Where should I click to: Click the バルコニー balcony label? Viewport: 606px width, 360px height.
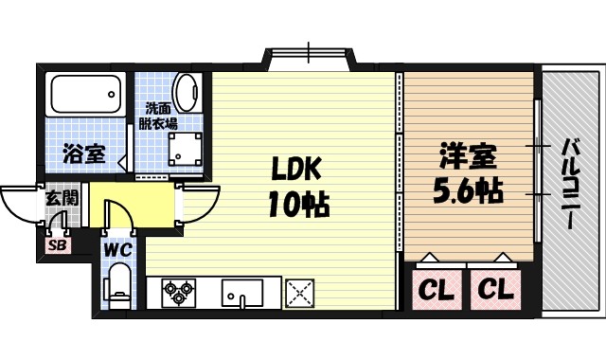(x=571, y=184)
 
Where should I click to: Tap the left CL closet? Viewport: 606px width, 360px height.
(x=435, y=288)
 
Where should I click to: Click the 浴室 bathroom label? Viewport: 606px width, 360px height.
(x=84, y=153)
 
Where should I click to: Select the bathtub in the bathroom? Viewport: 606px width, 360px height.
(x=84, y=96)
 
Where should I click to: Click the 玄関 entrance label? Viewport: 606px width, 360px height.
(x=62, y=200)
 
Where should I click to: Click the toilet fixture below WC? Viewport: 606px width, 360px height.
(x=118, y=284)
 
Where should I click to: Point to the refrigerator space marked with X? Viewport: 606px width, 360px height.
(x=300, y=293)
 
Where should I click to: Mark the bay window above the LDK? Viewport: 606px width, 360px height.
(x=308, y=57)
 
